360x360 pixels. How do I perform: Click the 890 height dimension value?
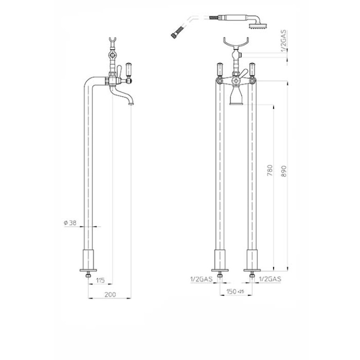click(x=284, y=171)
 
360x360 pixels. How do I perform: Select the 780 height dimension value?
click(x=270, y=170)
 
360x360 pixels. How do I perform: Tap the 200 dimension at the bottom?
click(x=110, y=295)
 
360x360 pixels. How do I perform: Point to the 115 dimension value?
click(x=100, y=280)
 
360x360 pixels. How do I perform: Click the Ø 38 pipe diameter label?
click(x=70, y=222)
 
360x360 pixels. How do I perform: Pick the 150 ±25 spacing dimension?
click(x=235, y=291)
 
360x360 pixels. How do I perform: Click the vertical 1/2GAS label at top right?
click(x=284, y=41)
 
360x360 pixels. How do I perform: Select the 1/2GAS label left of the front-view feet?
click(x=201, y=279)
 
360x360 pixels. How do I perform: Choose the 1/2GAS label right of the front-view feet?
click(x=270, y=279)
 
